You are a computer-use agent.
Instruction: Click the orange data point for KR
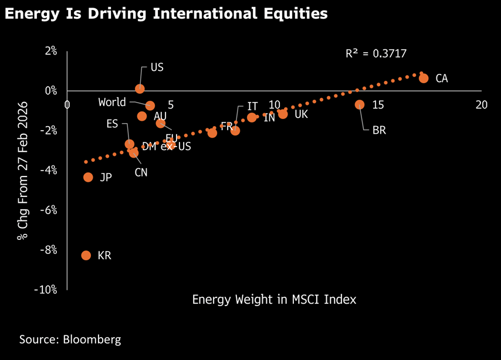click(x=86, y=255)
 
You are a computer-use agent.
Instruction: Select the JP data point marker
click(x=88, y=177)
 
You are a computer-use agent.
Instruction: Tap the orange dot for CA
click(x=424, y=78)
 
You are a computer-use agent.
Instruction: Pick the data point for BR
click(x=360, y=104)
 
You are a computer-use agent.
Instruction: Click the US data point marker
click(x=140, y=89)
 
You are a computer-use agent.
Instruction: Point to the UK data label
click(x=301, y=114)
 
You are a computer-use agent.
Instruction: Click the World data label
click(x=112, y=102)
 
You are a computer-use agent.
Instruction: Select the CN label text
click(x=141, y=172)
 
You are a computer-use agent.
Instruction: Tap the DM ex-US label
click(x=166, y=147)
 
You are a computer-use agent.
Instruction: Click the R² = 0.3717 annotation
click(x=376, y=54)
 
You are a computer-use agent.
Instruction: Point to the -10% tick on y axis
click(x=46, y=290)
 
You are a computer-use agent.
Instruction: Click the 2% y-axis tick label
click(x=51, y=51)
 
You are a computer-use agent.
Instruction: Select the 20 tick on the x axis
click(x=482, y=104)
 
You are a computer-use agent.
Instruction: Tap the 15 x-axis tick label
click(x=378, y=104)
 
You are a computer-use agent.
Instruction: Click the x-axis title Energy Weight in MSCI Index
click(x=274, y=299)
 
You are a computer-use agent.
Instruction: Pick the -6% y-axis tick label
click(x=49, y=210)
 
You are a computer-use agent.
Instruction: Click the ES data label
click(x=112, y=124)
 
